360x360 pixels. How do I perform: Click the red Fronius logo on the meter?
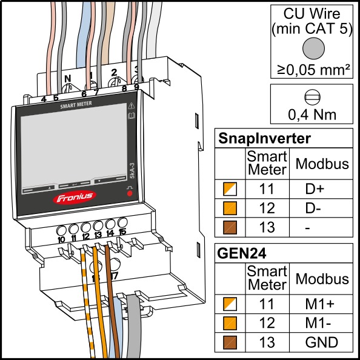[75, 197]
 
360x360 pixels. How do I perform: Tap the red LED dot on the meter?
[130, 193]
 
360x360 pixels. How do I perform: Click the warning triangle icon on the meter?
[132, 105]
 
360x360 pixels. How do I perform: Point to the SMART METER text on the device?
[76, 105]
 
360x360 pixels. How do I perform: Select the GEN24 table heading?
[242, 253]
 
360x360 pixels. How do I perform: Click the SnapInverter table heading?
[264, 138]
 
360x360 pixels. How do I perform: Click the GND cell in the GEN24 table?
[321, 342]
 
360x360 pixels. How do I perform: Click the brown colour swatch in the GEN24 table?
[230, 342]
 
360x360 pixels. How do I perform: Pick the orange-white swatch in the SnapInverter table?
[230, 189]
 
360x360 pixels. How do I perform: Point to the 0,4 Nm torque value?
[312, 115]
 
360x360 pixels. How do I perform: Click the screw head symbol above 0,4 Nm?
[312, 98]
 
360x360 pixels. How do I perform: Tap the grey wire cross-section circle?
[313, 48]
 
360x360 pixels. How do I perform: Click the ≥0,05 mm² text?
[313, 69]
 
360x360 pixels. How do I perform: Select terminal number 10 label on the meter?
[61, 239]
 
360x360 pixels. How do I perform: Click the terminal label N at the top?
[68, 79]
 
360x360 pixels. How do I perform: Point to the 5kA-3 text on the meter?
[132, 171]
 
